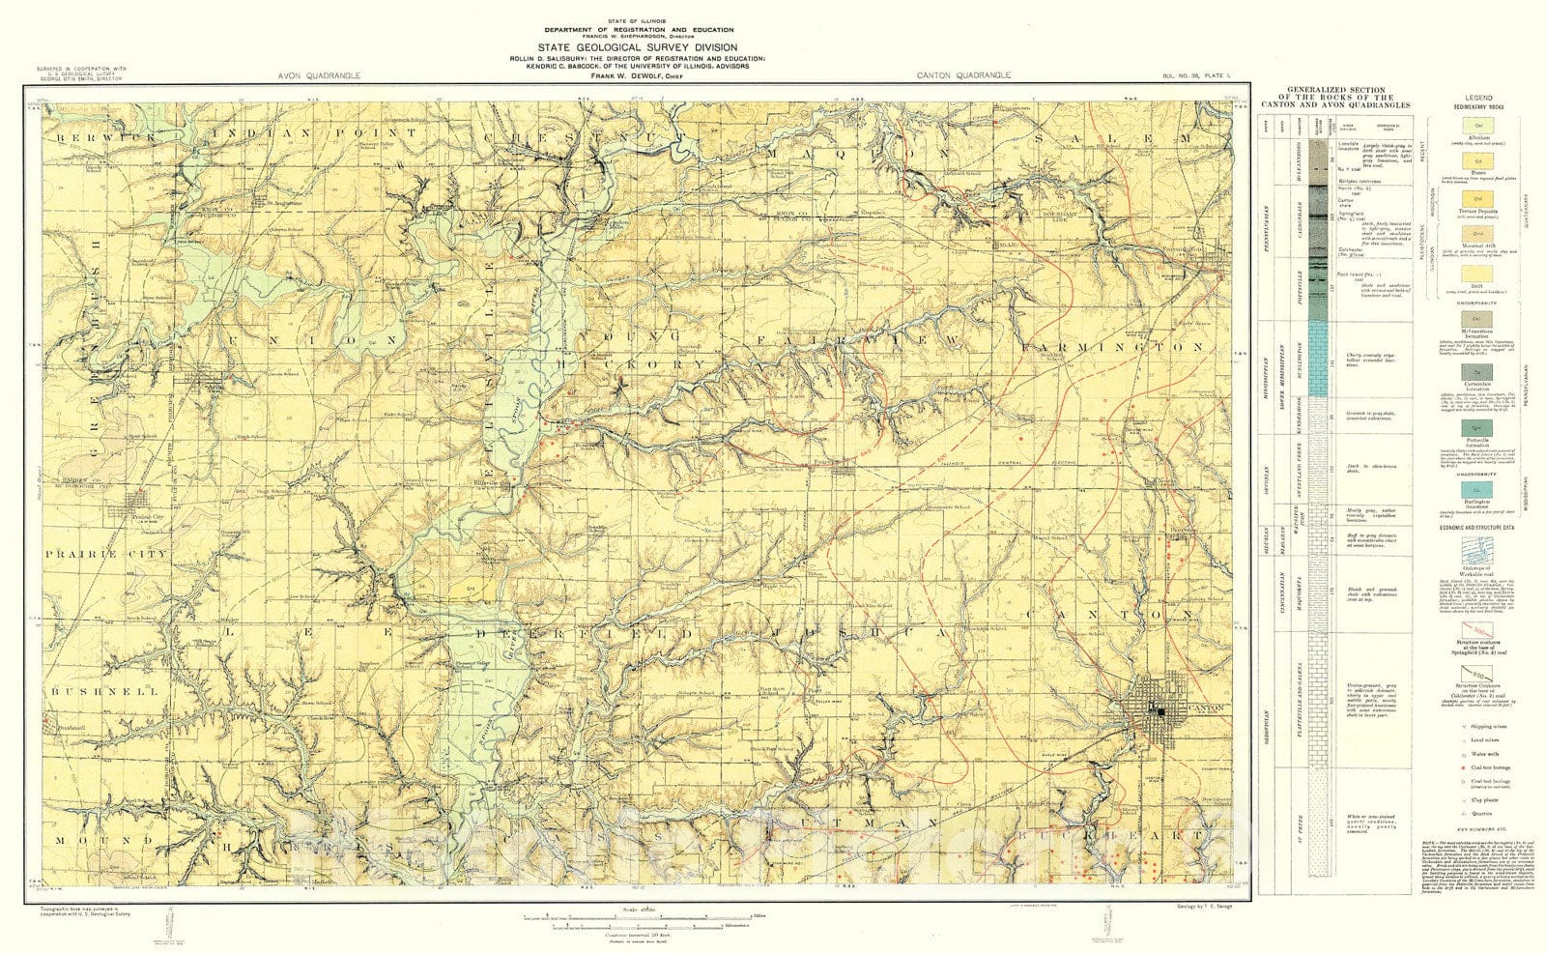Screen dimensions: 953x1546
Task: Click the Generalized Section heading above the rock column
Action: (1335, 98)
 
